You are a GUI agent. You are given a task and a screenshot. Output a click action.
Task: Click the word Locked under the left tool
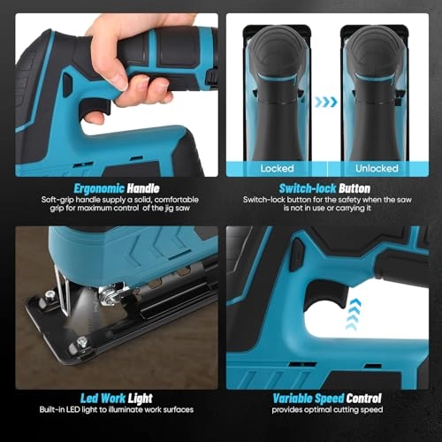click(x=278, y=168)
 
